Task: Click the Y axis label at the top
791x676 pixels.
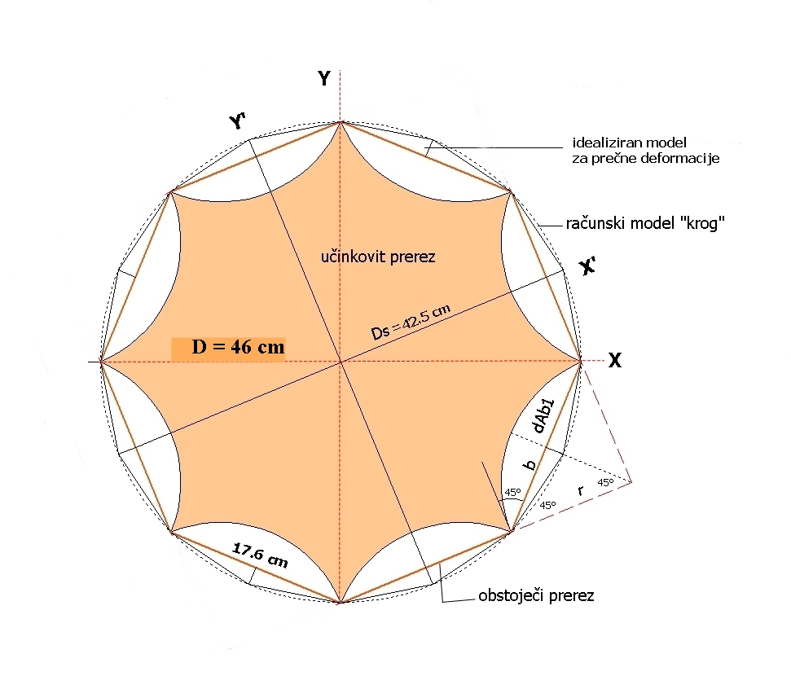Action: coord(324,78)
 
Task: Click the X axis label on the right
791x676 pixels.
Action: coord(615,361)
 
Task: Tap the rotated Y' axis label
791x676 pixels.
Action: coord(238,121)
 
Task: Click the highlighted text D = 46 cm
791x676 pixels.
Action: coord(238,348)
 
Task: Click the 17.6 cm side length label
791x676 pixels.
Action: coord(260,556)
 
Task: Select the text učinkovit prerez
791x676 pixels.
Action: coord(379,257)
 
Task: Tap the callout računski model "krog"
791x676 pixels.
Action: coord(645,223)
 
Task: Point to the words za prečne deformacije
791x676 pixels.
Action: coord(645,158)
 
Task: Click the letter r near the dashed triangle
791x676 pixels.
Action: coord(580,490)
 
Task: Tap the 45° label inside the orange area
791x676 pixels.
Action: coord(512,493)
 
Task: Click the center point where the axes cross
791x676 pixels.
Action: coord(341,361)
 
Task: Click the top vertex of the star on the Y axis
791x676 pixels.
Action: coord(341,121)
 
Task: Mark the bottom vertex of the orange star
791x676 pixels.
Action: coord(341,603)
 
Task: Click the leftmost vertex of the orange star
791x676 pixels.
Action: coord(100,362)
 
